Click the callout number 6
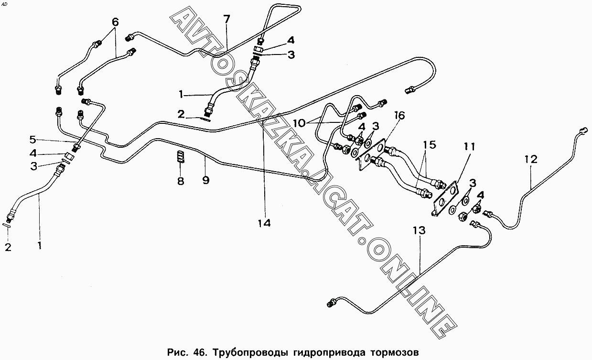coord(115,22)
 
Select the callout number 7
coord(226,20)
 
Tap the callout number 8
coord(181,182)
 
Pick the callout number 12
coord(531,159)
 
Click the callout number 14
coord(264,223)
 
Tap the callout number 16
coord(399,115)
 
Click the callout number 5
coord(32,140)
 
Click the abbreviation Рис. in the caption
coord(177,353)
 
